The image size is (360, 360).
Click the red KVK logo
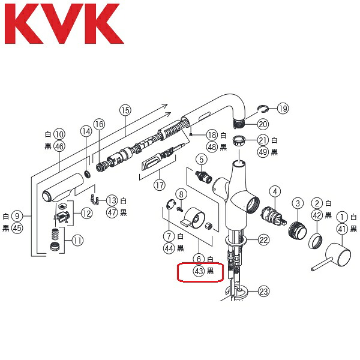64,23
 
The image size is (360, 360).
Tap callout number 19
283,108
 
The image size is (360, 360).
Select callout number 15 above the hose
125,110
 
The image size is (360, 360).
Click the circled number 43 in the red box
199,271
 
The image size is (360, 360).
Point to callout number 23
263,292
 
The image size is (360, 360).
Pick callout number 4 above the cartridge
275,191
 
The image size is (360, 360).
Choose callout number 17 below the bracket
160,185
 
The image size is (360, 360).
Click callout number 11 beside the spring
77,241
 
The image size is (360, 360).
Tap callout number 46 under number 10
59,146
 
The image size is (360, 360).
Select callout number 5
202,160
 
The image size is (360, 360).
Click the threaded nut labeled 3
298,230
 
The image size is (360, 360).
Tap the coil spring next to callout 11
55,235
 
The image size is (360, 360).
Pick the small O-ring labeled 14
87,174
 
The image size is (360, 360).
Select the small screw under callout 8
180,209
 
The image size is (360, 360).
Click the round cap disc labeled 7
170,204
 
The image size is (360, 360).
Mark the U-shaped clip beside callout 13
95,199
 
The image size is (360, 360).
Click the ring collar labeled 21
239,140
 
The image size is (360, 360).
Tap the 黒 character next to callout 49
274,152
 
